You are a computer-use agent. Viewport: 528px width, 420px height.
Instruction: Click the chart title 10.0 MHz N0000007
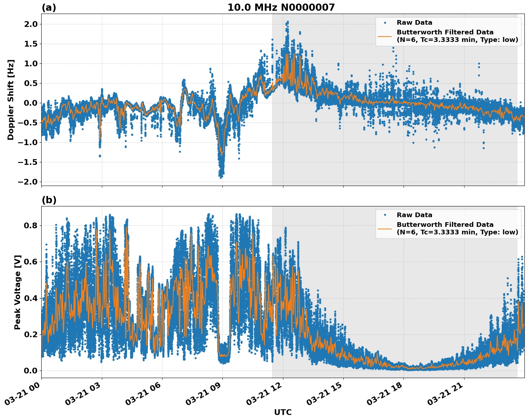(x=281, y=8)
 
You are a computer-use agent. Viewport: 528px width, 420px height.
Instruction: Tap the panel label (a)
(x=49, y=8)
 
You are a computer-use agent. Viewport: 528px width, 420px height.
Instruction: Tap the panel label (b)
(x=49, y=200)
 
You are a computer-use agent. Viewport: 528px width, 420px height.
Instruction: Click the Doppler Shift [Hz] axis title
(x=11, y=100)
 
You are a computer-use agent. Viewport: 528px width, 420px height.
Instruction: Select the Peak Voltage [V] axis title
(x=18, y=292)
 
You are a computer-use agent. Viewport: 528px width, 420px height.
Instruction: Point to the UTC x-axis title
(x=283, y=412)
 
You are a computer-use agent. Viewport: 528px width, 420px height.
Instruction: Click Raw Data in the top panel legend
(x=414, y=23)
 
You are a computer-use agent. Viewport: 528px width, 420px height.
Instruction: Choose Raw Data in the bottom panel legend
(x=414, y=215)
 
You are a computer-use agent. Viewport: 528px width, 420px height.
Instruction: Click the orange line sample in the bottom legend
(x=385, y=228)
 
